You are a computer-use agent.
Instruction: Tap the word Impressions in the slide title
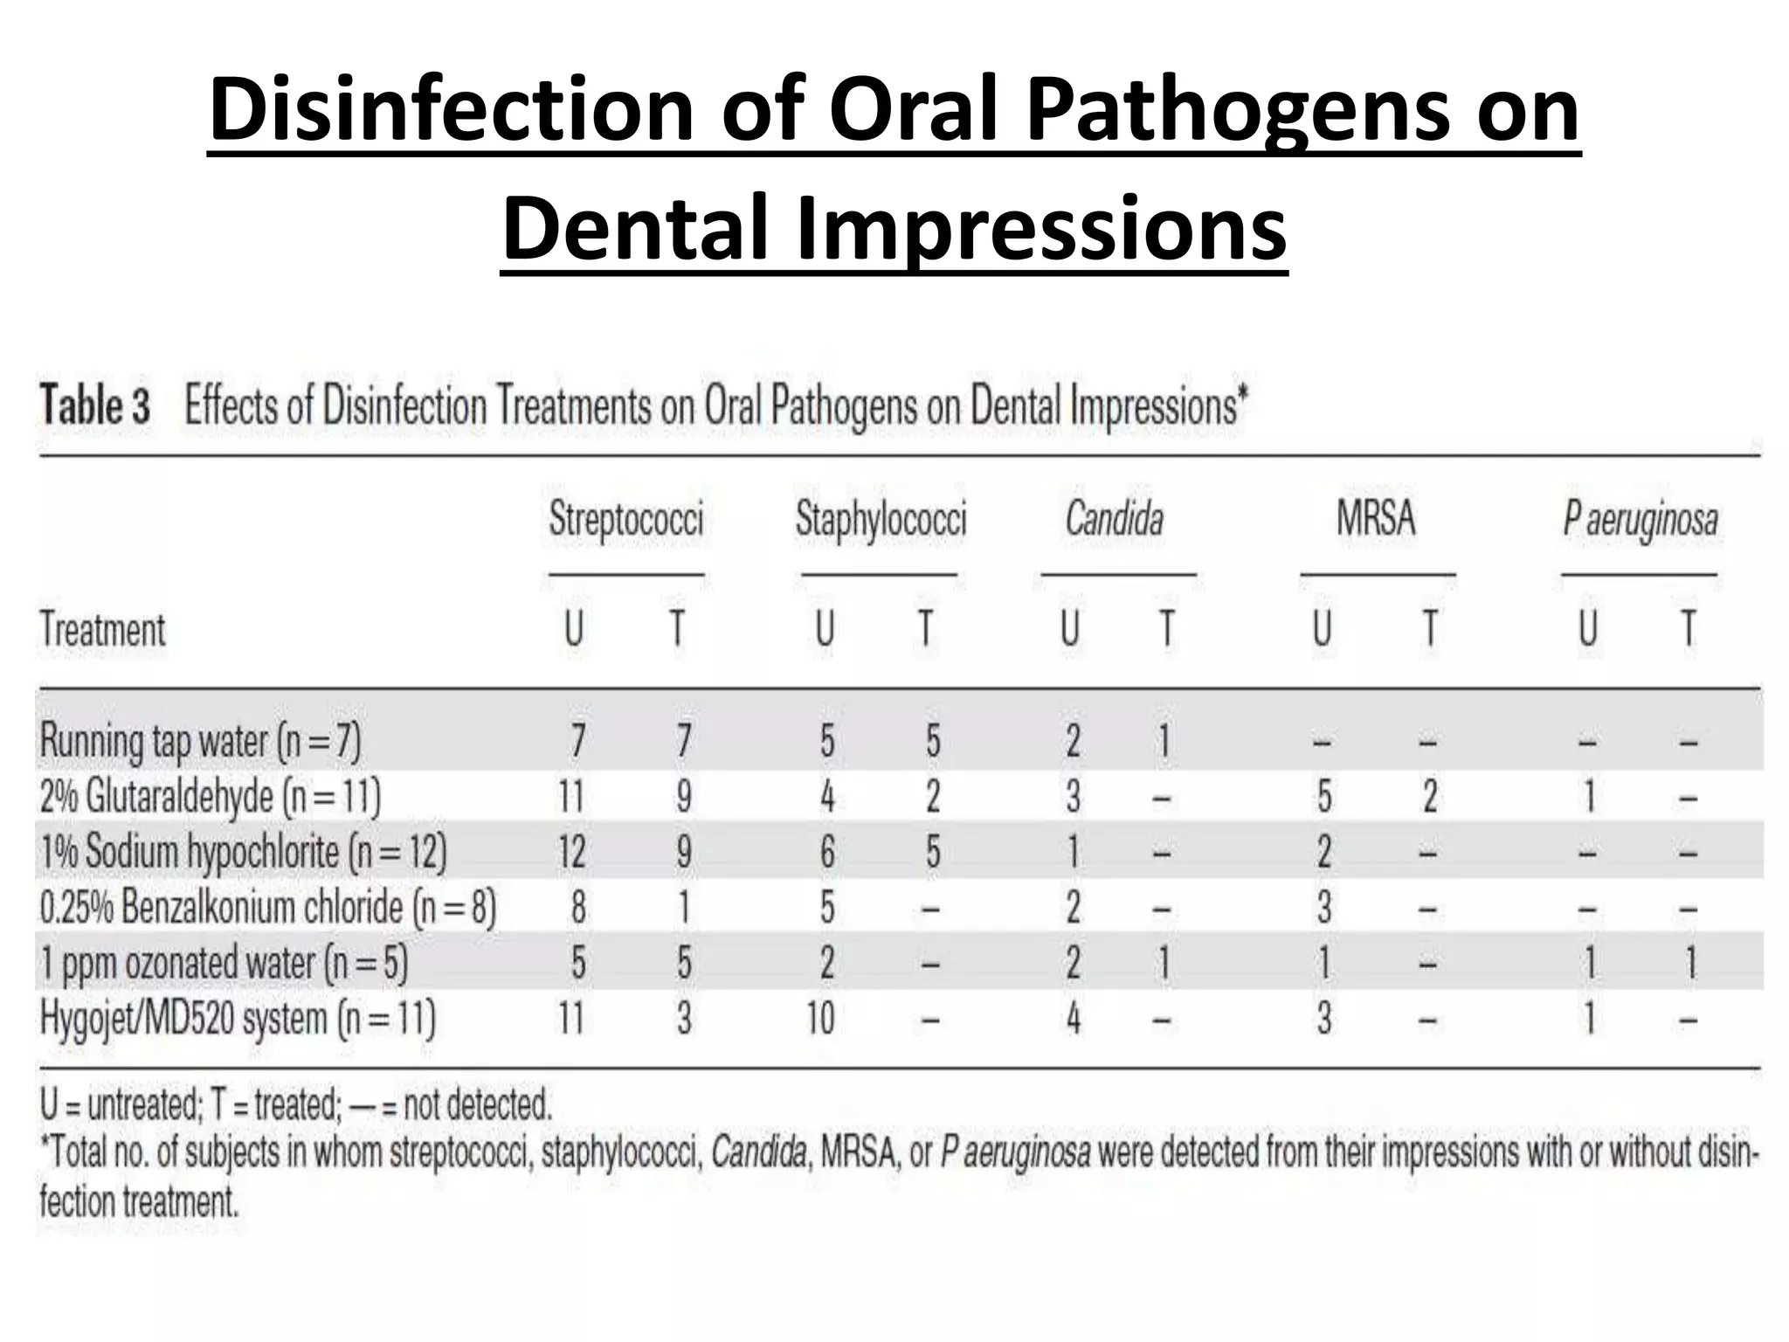(x=1040, y=229)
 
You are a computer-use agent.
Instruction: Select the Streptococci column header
(x=625, y=519)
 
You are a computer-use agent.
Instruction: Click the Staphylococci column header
(x=881, y=519)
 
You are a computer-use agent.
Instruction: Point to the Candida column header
(x=1114, y=519)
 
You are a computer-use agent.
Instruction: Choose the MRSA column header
(x=1376, y=519)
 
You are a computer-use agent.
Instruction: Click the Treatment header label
(x=103, y=630)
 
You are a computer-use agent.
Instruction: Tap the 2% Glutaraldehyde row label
(x=211, y=797)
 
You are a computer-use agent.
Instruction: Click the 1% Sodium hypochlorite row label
(x=243, y=852)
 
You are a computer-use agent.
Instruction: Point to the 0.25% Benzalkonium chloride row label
(x=267, y=908)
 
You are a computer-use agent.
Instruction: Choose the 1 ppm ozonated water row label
(x=224, y=963)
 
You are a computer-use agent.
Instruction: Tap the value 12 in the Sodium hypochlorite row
(x=571, y=852)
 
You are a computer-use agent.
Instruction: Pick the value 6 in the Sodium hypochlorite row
(x=826, y=852)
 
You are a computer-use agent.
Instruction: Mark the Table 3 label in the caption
(x=95, y=407)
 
